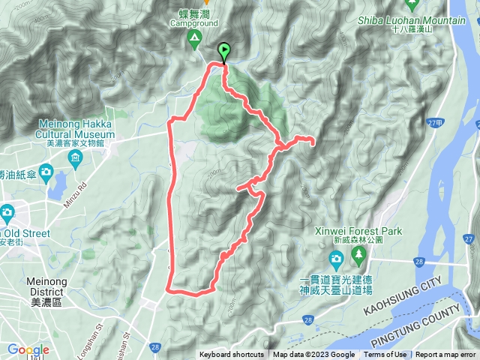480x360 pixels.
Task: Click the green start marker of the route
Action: (223, 51)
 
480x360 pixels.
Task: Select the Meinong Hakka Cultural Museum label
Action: (76, 129)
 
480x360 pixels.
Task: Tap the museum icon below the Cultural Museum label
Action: (76, 157)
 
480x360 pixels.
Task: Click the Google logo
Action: (28, 349)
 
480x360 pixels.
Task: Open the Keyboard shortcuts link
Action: (231, 355)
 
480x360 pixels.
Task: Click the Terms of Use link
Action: (385, 355)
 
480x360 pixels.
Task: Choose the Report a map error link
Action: (446, 355)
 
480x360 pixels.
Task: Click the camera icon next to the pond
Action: (46, 175)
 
